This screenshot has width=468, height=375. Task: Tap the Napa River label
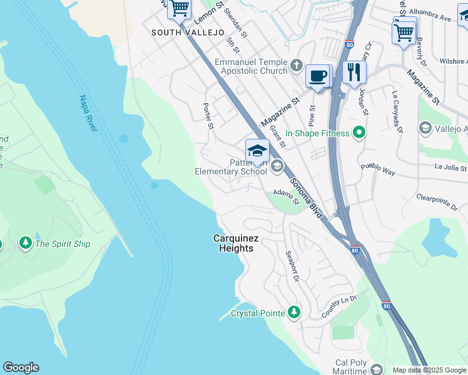(x=88, y=113)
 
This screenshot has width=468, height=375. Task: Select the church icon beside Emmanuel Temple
(x=296, y=64)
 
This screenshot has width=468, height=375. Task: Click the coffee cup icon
(x=318, y=76)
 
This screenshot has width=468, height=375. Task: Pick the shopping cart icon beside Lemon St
(x=180, y=9)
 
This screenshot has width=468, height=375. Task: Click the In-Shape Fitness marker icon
(x=359, y=132)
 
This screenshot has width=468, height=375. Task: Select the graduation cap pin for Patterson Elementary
(x=257, y=151)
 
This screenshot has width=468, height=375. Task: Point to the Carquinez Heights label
(x=233, y=243)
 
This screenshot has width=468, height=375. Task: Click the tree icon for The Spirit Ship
(x=26, y=242)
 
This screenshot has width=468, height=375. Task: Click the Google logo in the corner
(x=21, y=367)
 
